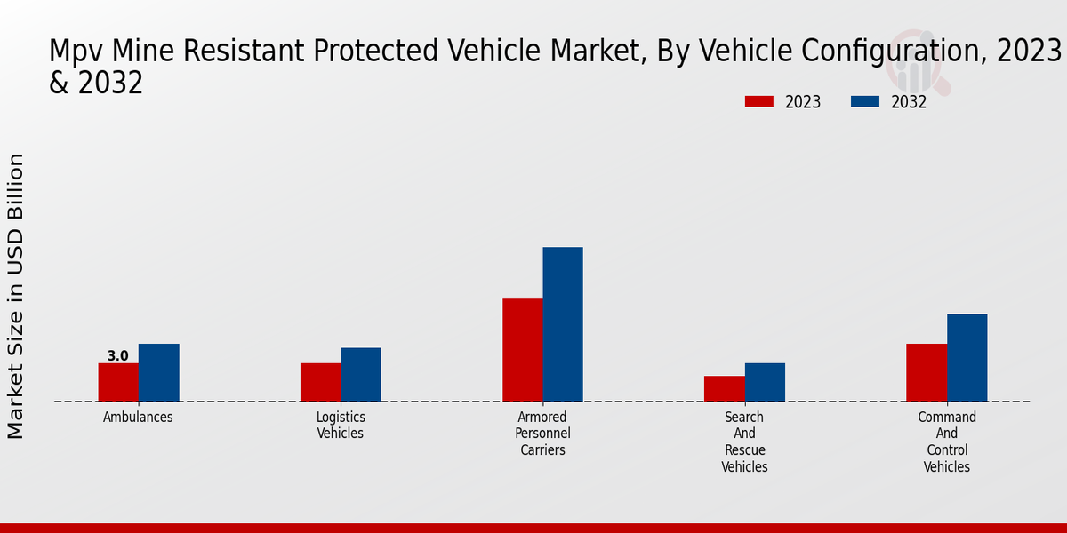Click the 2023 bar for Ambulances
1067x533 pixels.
pyautogui.click(x=118, y=382)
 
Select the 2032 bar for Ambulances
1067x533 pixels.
pyautogui.click(x=158, y=372)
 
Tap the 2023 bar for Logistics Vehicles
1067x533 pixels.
pyautogui.click(x=320, y=382)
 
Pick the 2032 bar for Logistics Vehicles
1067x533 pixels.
pyautogui.click(x=360, y=374)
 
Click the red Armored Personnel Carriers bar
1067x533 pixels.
pyautogui.click(x=522, y=350)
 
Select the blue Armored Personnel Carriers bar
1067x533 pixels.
pyautogui.click(x=563, y=324)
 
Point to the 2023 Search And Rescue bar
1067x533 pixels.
pyautogui.click(x=724, y=388)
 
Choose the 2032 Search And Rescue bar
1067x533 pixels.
pyautogui.click(x=765, y=382)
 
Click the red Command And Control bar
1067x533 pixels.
pyautogui.click(x=926, y=372)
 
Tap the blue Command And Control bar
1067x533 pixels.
pyautogui.click(x=967, y=357)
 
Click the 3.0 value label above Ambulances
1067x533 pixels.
pyautogui.click(x=117, y=356)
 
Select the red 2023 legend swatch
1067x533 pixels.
pyautogui.click(x=758, y=102)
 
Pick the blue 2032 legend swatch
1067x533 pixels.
pyautogui.click(x=864, y=102)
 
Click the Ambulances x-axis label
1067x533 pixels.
pyautogui.click(x=138, y=418)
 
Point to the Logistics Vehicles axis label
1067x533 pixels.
pyautogui.click(x=341, y=426)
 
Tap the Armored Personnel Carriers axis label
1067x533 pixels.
pyautogui.click(x=542, y=434)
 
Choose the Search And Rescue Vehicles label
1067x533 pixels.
pyautogui.click(x=744, y=442)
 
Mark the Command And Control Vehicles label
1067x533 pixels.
pyautogui.click(x=946, y=442)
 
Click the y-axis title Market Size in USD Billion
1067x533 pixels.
pyautogui.click(x=16, y=296)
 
